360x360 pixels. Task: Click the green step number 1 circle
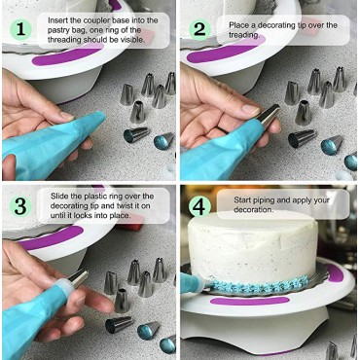(19, 29)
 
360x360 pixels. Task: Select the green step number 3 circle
(19, 207)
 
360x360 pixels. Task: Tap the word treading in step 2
(251, 34)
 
